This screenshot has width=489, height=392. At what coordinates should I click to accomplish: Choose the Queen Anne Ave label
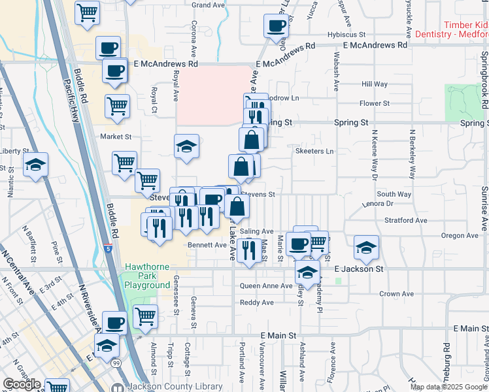click(266, 286)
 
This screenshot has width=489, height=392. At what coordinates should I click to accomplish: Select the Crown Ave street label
click(397, 294)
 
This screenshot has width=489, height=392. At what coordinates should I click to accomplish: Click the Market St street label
click(116, 137)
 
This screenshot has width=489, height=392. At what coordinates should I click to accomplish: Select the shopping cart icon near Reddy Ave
click(145, 316)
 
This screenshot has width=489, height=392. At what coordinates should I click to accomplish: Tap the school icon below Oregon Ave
click(366, 247)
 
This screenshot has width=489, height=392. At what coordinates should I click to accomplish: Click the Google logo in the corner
click(22, 384)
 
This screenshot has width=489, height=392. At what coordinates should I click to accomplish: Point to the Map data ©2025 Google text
click(448, 387)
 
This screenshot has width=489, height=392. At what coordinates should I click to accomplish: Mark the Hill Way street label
click(375, 84)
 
